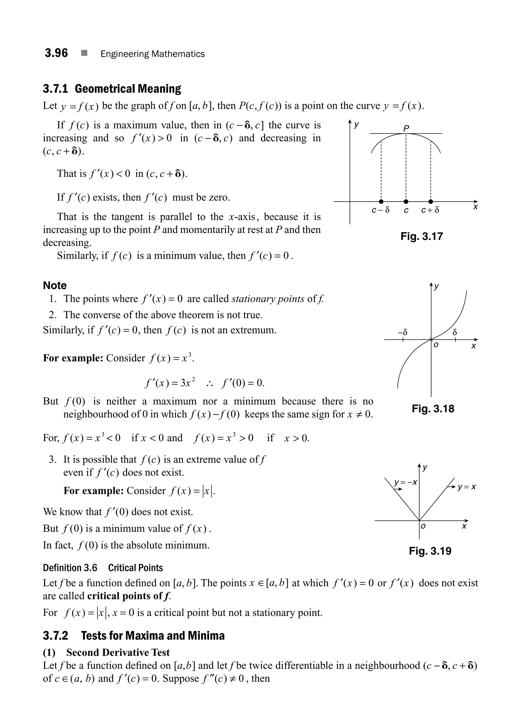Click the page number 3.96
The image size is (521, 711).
pos(56,53)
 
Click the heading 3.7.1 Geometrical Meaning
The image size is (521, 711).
pos(112,89)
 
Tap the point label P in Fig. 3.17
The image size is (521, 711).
pos(406,128)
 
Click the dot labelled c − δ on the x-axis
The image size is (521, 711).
pos(381,202)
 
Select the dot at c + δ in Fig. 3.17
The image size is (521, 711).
pos(431,202)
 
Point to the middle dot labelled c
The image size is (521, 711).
pos(406,202)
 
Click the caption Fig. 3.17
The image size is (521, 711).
pos(422,236)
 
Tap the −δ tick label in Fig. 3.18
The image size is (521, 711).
pos(402,332)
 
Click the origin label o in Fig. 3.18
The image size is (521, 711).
pos(436,345)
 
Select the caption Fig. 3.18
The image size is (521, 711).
pos(433,409)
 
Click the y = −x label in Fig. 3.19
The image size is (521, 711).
pos(406,482)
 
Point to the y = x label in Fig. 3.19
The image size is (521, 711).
pos(467,487)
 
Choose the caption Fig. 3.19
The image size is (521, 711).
pos(430,551)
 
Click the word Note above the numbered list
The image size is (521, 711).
pos(55,285)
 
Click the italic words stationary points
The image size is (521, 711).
pos(268,299)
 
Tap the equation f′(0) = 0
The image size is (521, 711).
pos(243,383)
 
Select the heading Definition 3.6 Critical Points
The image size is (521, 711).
pos(103,568)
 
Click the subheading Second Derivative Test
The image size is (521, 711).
pos(118,652)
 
